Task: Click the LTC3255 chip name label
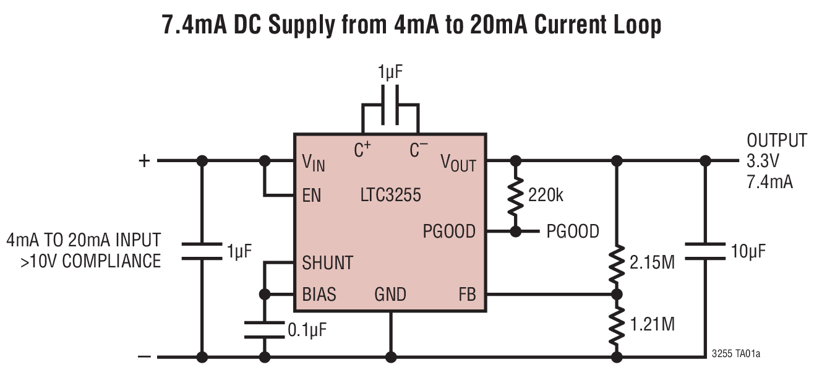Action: coord(390,196)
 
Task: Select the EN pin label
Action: coord(312,196)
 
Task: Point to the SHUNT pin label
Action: coord(327,262)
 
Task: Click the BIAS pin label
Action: coord(319,294)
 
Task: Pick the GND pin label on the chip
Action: coord(390,294)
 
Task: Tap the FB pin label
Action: coord(467,294)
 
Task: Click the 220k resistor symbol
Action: coord(514,196)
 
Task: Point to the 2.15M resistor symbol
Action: coord(616,262)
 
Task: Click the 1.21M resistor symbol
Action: coord(616,324)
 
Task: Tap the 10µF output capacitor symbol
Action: coord(704,251)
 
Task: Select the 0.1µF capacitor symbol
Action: coord(265,329)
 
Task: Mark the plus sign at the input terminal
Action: coord(143,161)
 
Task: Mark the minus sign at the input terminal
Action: coord(143,357)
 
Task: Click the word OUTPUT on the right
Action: coord(777,140)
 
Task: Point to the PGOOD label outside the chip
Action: coord(573,231)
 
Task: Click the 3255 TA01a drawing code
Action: coord(735,355)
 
